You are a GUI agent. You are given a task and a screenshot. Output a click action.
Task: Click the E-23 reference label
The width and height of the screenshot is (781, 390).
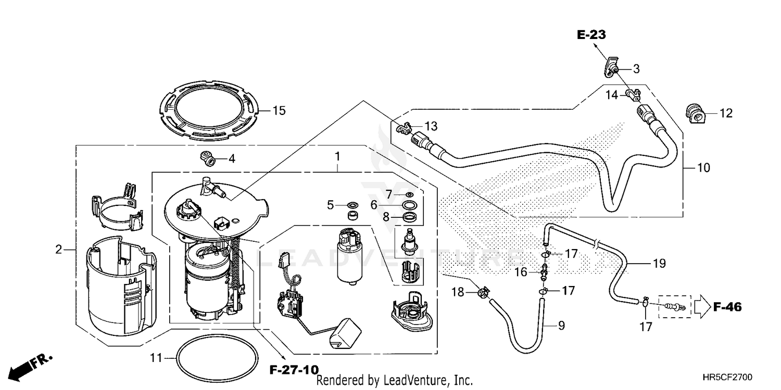[591, 35]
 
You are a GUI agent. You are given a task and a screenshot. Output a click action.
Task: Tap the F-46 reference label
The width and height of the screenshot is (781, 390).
[727, 307]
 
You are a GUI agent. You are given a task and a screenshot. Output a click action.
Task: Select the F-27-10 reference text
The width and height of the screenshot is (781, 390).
[293, 370]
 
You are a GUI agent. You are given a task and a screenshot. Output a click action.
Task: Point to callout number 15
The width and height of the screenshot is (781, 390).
[279, 111]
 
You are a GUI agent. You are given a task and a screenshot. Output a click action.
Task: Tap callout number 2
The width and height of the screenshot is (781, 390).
[59, 250]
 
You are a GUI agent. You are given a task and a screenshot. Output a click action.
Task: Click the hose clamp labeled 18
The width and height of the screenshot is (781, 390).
[483, 294]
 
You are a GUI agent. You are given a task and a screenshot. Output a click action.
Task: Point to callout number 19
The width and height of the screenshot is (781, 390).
[659, 264]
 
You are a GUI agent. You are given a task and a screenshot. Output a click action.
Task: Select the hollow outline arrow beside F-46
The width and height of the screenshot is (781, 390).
[700, 307]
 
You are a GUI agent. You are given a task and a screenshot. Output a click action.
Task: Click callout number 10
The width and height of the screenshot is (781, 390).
[703, 168]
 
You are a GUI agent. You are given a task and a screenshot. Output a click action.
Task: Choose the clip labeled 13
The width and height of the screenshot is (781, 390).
[404, 127]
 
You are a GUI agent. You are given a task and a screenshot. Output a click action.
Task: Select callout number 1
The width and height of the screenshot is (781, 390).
[337, 155]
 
